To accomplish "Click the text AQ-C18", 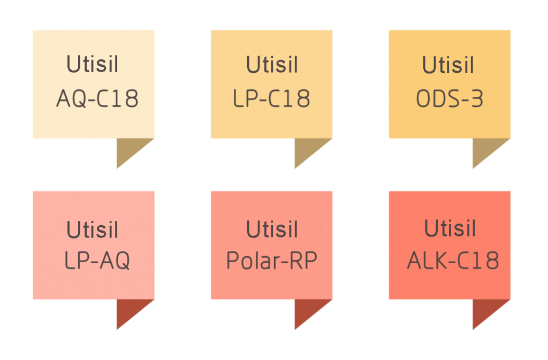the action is point(97,98).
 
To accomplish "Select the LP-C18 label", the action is point(271,98).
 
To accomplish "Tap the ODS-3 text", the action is point(450,98).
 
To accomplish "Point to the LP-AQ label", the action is point(97,261).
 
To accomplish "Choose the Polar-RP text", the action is point(271,261).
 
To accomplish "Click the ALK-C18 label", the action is point(453,261).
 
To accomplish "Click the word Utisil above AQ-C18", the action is point(93,64).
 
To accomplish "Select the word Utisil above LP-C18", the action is point(272,65).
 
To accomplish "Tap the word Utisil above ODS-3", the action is point(448,65).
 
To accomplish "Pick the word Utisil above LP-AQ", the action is point(93,229).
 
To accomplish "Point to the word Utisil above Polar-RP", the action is point(272,229).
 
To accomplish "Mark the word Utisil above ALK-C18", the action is point(450,228).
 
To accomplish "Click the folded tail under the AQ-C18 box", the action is point(130,148).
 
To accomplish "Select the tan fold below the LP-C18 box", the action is point(307,148).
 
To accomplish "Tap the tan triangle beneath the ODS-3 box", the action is point(485,148).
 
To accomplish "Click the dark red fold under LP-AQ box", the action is point(130,309).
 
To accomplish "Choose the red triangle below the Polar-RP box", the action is point(307,309).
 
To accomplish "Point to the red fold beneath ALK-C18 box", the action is point(485,309).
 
